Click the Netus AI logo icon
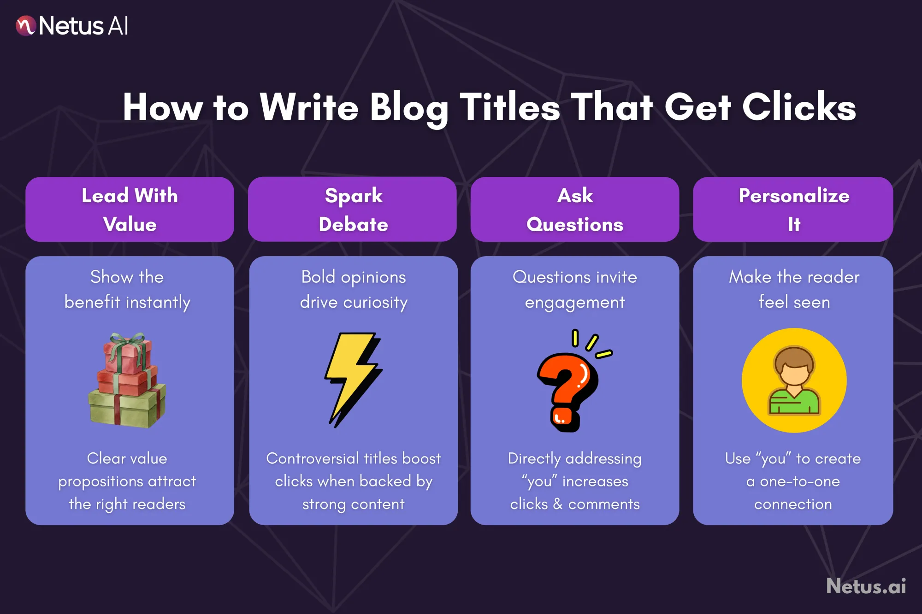pyautogui.click(x=25, y=26)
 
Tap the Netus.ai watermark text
pyautogui.click(x=866, y=586)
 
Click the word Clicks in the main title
pyautogui.click(x=799, y=107)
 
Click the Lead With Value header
pyautogui.click(x=130, y=210)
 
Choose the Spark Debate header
pyautogui.click(x=353, y=210)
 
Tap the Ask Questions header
pyautogui.click(x=574, y=210)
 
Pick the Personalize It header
pyautogui.click(x=793, y=210)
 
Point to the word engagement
pyautogui.click(x=574, y=303)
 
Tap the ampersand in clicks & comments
pyautogui.click(x=558, y=504)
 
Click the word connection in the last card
pyautogui.click(x=793, y=504)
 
